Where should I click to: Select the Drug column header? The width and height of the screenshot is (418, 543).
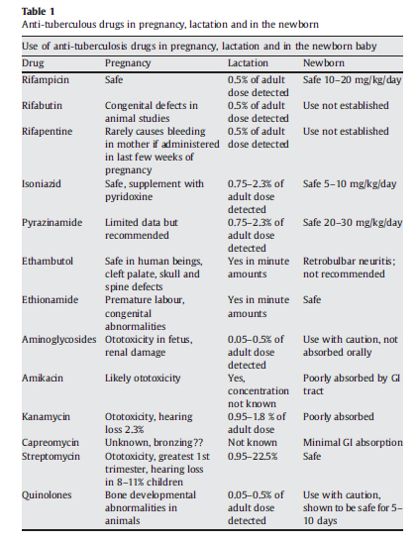click(33, 61)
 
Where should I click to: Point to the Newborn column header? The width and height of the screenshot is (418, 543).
click(326, 61)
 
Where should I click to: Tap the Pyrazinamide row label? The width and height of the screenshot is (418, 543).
click(50, 222)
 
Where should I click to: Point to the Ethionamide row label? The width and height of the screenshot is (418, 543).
click(49, 299)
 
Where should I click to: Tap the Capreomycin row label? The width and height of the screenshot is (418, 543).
click(51, 442)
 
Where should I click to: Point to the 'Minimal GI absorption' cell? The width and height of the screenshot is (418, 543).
click(352, 442)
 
